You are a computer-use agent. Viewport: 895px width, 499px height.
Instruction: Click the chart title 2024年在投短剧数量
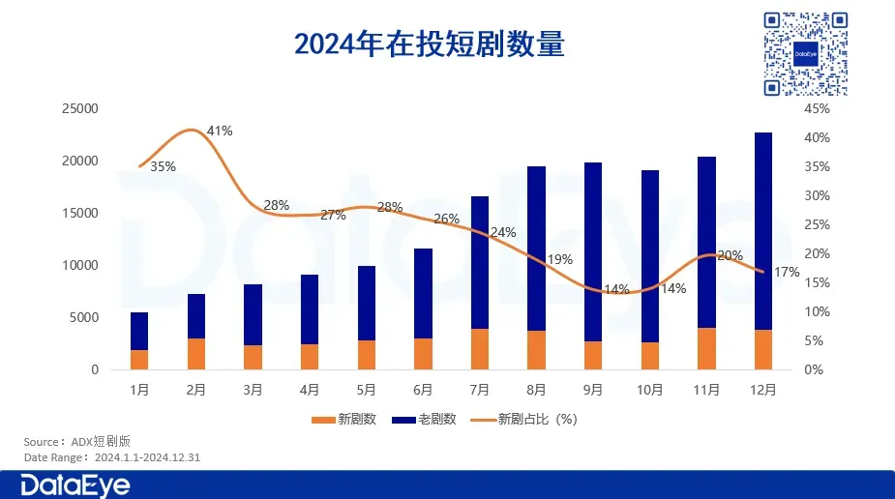click(429, 44)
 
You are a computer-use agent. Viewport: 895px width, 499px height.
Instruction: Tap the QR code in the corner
click(805, 53)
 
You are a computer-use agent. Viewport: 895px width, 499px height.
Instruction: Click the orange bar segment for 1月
click(139, 360)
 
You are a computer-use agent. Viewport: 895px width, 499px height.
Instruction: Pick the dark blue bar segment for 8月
click(536, 249)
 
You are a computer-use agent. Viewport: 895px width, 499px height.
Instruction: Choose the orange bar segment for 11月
click(706, 349)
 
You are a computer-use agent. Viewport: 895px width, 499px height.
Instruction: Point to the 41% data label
click(220, 131)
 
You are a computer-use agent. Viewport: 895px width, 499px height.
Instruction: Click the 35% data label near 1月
click(163, 166)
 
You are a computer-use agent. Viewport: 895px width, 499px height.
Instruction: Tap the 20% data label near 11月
click(730, 255)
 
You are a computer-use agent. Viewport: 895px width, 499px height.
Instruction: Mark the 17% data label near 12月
click(787, 272)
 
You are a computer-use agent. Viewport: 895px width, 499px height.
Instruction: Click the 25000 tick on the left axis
click(79, 109)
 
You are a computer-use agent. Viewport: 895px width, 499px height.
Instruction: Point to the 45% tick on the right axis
click(817, 109)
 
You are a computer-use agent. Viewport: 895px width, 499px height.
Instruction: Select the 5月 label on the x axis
click(367, 391)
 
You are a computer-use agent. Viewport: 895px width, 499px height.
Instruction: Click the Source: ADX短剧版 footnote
click(75, 441)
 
